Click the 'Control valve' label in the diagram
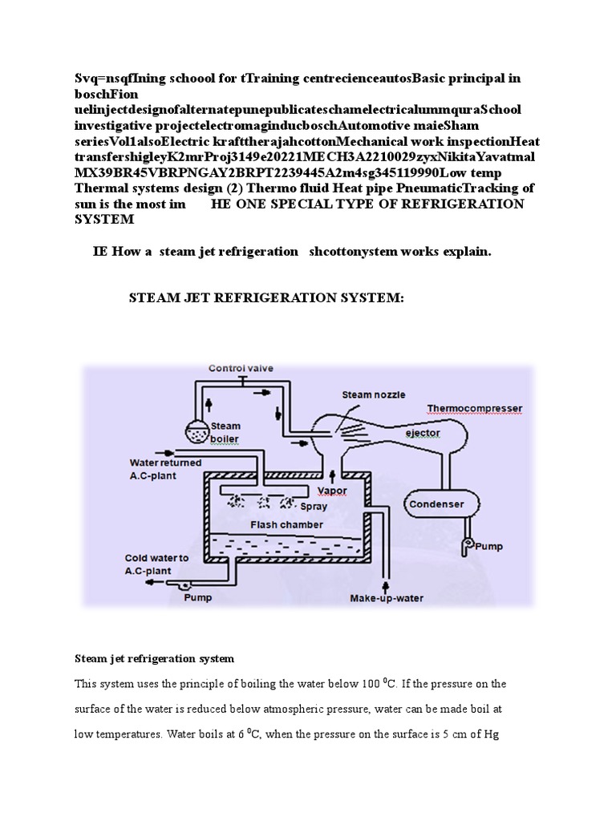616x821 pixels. tap(241, 369)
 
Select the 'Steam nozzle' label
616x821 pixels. tap(374, 394)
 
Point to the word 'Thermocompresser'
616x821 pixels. tap(473, 408)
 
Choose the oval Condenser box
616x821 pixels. tap(436, 504)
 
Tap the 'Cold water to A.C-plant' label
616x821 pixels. tap(157, 564)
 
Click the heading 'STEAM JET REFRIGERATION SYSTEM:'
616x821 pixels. tap(267, 298)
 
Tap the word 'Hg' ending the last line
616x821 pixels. tap(491, 734)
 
